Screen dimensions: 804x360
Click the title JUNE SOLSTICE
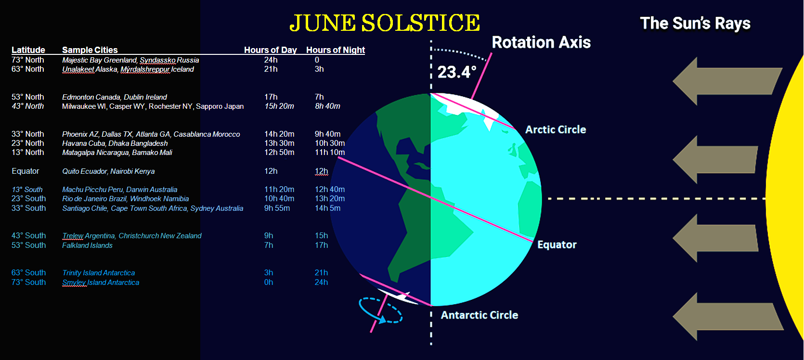pos(385,23)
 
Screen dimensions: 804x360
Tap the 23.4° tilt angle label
pos(456,72)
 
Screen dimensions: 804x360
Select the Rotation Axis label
pos(541,42)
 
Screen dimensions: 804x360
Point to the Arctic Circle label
pos(556,129)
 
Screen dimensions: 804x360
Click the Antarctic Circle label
pos(480,315)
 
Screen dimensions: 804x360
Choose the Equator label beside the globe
pos(557,245)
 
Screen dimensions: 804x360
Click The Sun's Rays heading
pos(695,24)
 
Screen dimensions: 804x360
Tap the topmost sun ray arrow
pos(727,81)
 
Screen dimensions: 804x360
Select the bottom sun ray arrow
pos(727,317)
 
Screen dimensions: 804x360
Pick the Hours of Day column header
pos(270,50)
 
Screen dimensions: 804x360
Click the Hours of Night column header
pos(335,50)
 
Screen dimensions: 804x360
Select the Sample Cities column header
pos(90,50)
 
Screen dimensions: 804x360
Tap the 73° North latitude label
pos(27,60)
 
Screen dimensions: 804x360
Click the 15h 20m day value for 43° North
pos(279,106)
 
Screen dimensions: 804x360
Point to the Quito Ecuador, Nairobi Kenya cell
pos(108,171)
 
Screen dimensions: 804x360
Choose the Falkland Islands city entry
pos(87,245)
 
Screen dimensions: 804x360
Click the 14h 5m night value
pos(327,208)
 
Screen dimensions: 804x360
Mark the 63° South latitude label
pos(29,273)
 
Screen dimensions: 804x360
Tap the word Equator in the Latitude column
pos(25,171)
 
